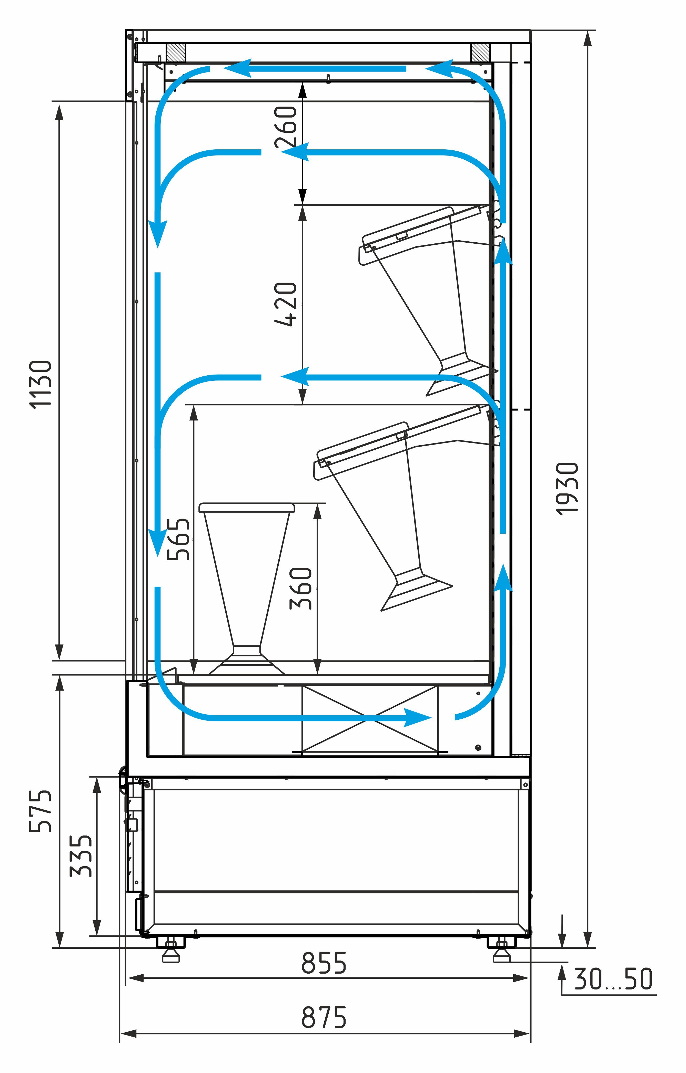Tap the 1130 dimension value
click(x=41, y=384)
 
